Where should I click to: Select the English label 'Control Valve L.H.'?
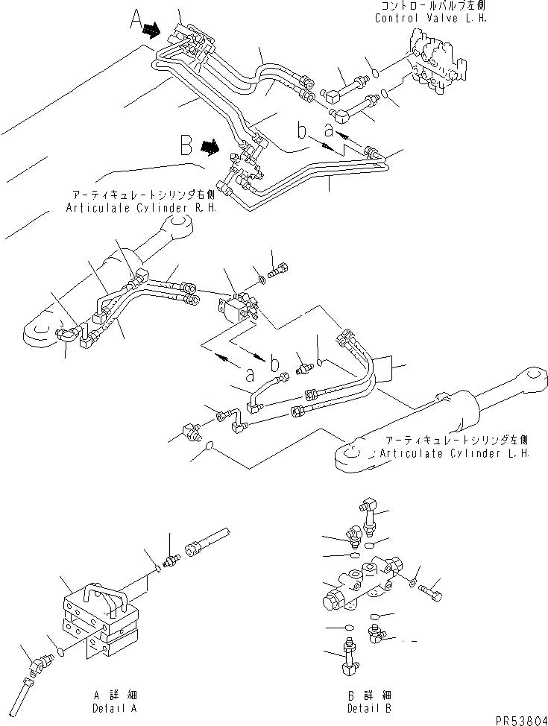click(430, 18)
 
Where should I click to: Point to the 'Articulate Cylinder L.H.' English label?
click(454, 452)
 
